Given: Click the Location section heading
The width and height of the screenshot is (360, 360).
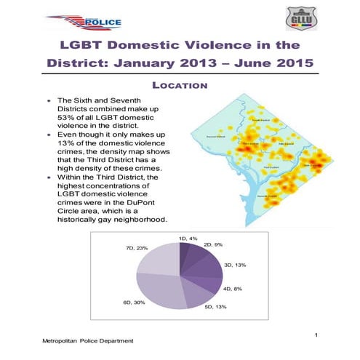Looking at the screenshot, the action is tap(180, 86).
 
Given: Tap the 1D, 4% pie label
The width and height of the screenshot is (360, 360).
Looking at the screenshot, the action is tap(188, 239).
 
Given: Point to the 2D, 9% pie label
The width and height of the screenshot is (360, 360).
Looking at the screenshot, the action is tap(214, 244).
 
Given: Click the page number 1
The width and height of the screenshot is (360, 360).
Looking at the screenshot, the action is tap(318, 334).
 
